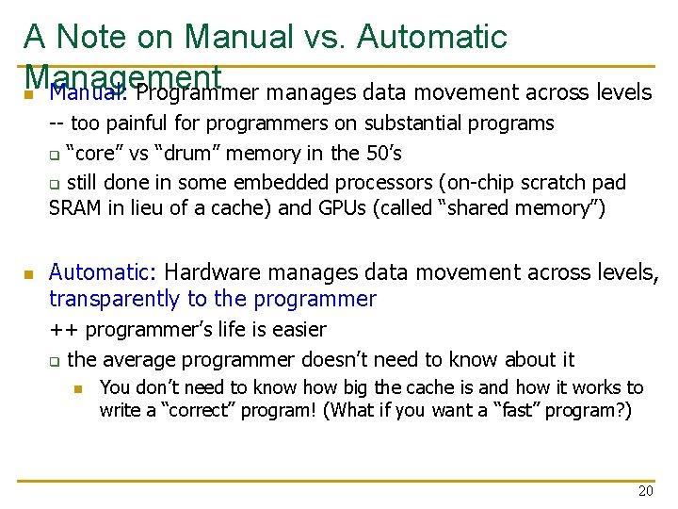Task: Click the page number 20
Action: point(645,491)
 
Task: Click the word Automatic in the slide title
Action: point(433,37)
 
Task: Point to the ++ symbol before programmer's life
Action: point(63,330)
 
